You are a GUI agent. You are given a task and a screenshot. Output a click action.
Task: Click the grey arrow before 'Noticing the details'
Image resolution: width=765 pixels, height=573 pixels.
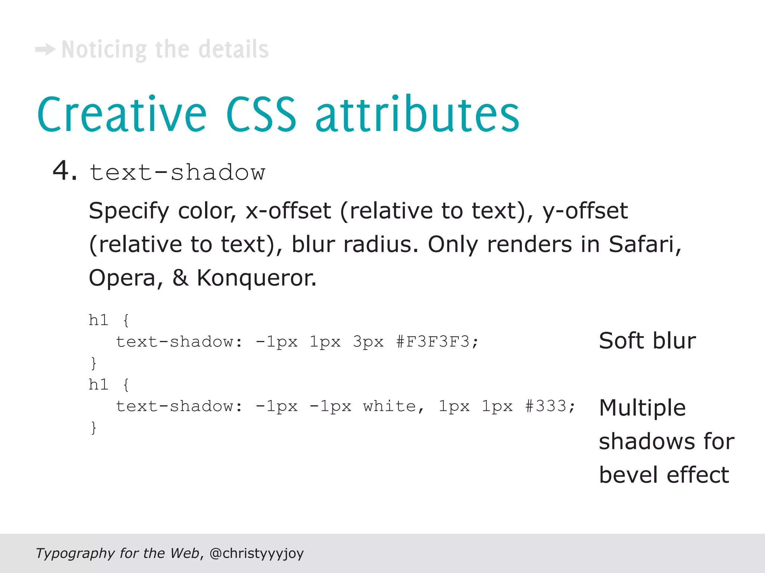[x=45, y=49]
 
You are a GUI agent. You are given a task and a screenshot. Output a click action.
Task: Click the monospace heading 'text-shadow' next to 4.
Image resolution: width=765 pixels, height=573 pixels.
[x=177, y=172]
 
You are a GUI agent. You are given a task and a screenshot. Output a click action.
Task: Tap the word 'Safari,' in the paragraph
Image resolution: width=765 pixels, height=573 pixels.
[x=645, y=244]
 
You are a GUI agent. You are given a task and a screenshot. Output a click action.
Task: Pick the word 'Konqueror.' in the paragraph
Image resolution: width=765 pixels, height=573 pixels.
[x=257, y=278]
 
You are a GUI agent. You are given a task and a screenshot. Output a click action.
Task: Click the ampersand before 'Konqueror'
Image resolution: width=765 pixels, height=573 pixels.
[x=180, y=278]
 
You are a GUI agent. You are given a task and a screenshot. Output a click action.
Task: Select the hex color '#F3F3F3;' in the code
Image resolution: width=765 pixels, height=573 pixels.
[x=437, y=342]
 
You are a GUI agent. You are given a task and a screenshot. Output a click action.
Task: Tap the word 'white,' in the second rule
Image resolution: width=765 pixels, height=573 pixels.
[x=394, y=406]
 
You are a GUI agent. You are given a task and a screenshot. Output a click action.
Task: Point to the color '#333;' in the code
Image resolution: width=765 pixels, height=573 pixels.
[x=550, y=406]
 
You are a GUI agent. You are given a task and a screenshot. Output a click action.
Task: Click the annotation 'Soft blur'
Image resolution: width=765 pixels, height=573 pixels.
[x=647, y=341]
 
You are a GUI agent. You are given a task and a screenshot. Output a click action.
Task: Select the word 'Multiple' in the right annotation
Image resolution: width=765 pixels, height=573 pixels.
[x=642, y=408]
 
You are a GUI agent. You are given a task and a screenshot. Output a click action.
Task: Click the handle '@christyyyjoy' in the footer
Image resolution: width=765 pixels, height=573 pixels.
[x=257, y=553]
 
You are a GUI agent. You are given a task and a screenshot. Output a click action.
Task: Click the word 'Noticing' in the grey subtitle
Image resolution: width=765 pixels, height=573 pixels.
[x=104, y=50]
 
